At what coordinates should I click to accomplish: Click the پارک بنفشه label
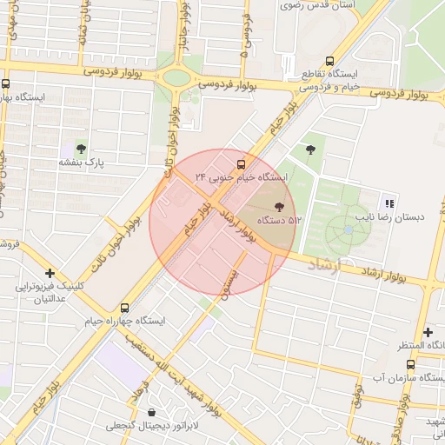[x=81, y=163]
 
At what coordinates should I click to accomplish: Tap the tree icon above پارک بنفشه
[x=81, y=149]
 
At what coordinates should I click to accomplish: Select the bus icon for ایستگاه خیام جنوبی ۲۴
[x=241, y=163]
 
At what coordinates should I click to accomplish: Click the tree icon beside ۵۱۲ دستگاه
[x=279, y=207]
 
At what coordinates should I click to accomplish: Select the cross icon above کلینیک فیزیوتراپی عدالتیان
[x=50, y=273]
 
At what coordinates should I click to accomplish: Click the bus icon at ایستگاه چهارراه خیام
[x=125, y=307]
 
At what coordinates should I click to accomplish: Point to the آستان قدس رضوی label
[x=321, y=5]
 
